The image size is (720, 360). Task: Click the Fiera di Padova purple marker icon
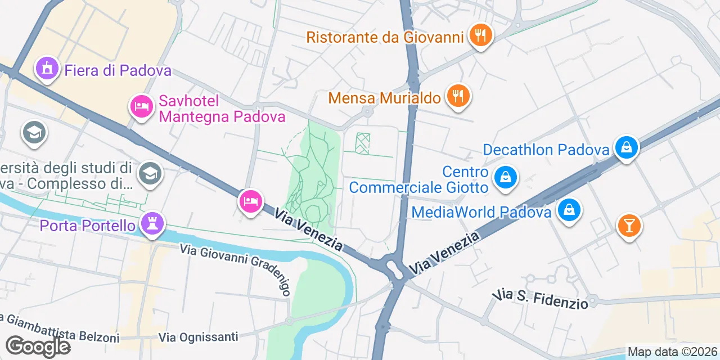(x=47, y=69)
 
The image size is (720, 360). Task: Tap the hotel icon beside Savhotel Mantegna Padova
(x=141, y=105)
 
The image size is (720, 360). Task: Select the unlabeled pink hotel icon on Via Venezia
(x=251, y=201)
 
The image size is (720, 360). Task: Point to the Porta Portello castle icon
(x=152, y=224)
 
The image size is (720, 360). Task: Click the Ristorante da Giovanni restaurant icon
(x=480, y=36)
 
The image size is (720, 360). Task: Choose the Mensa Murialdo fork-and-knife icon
(x=458, y=96)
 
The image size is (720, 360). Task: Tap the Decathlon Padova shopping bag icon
(x=625, y=148)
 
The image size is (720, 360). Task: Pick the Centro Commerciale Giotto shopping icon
(x=505, y=178)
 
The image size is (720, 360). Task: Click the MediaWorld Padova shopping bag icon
(x=569, y=210)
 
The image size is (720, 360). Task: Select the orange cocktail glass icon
(x=629, y=226)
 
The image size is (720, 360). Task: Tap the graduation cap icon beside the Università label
(x=150, y=174)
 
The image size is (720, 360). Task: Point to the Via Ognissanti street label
(x=199, y=337)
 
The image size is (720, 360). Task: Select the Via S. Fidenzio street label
(x=540, y=299)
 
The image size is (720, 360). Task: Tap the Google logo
(x=38, y=346)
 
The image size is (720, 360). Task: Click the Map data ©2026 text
(x=673, y=352)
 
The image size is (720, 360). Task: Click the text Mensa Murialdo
(x=385, y=98)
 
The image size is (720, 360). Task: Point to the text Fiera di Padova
(x=118, y=71)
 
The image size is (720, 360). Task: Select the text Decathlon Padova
(x=546, y=150)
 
